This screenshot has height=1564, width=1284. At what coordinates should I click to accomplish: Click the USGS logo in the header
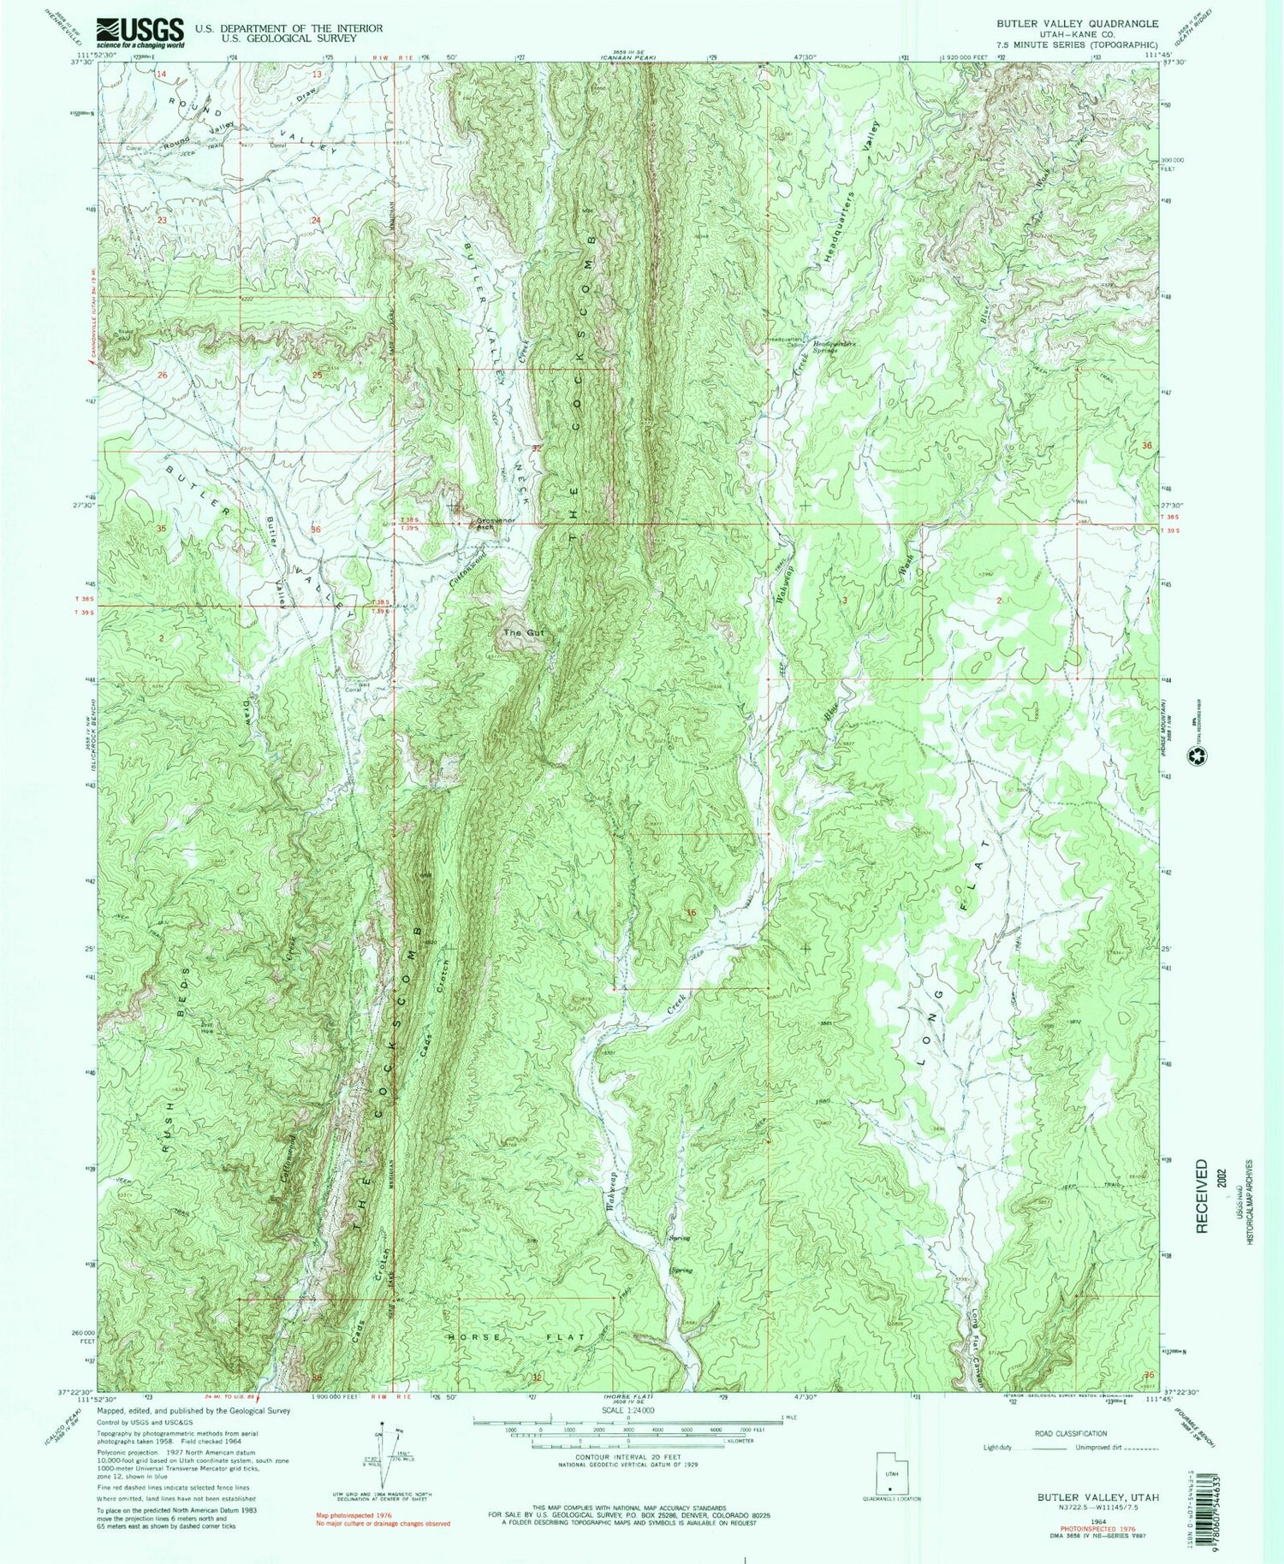click(140, 33)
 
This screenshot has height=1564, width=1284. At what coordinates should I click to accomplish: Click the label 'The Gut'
click(523, 632)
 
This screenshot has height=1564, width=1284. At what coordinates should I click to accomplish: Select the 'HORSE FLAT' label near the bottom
click(515, 1336)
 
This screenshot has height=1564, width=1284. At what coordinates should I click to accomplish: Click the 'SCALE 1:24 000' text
click(628, 1410)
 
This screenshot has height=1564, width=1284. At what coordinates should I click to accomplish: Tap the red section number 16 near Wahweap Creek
click(690, 913)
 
